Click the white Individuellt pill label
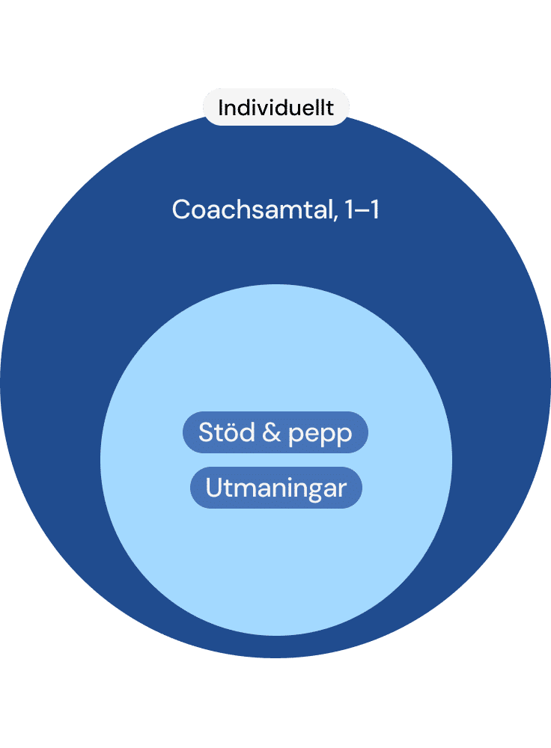point(275,108)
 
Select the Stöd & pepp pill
point(275,432)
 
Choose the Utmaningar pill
point(275,488)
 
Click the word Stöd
point(228,432)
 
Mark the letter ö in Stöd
point(232,432)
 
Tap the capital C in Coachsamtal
point(180,210)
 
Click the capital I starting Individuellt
point(220,108)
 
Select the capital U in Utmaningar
point(213,488)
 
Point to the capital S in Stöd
point(206,432)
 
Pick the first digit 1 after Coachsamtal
point(346,210)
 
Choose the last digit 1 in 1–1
point(373,210)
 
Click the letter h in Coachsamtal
point(237,210)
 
